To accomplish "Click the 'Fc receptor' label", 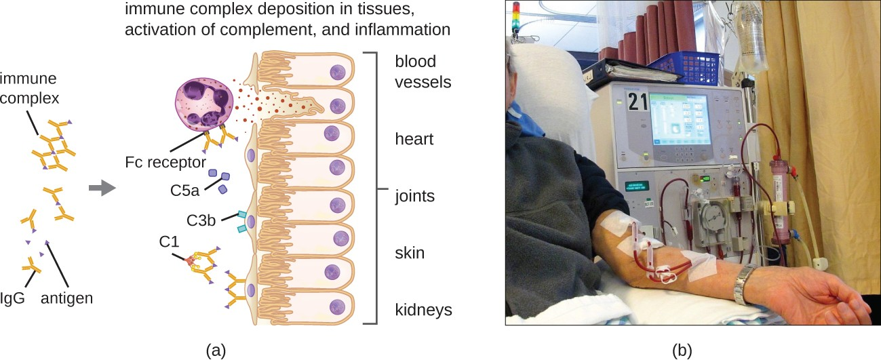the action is click(165, 162).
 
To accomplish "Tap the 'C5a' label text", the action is click(185, 191).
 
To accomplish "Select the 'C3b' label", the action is click(201, 220).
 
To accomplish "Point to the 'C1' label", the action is click(169, 241).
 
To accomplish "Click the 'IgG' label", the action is click(12, 298).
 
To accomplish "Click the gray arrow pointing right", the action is click(102, 188).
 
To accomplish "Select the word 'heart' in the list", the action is click(414, 139).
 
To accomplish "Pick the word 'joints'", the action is click(415, 196).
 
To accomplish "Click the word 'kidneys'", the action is click(424, 310).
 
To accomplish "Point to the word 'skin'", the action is click(410, 253).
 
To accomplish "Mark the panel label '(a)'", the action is click(216, 351).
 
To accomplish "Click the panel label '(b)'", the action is click(682, 351).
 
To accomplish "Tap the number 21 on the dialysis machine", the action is click(638, 102).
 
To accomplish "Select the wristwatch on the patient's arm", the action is click(744, 285).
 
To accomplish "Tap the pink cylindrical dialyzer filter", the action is click(781, 200).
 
